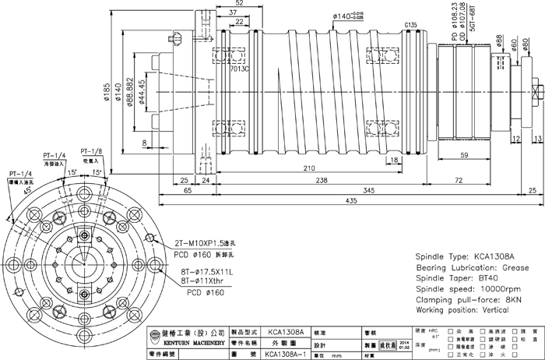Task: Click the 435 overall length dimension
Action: pos(352,201)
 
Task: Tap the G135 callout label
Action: pos(410,26)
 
